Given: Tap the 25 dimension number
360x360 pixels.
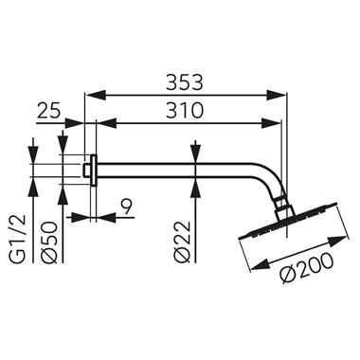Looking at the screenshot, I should (x=49, y=111).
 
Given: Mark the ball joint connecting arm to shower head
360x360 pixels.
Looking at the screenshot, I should (x=279, y=204).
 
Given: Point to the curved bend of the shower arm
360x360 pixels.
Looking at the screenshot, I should (x=269, y=179).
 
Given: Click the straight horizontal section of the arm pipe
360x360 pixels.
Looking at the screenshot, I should (x=180, y=169).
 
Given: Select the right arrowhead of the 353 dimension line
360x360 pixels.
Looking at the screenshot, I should (x=283, y=93).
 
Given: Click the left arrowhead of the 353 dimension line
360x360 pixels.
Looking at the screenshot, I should (x=91, y=93).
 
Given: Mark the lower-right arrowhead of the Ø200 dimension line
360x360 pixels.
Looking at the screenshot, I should (x=332, y=279).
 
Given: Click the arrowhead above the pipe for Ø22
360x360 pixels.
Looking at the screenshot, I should (x=195, y=157).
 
